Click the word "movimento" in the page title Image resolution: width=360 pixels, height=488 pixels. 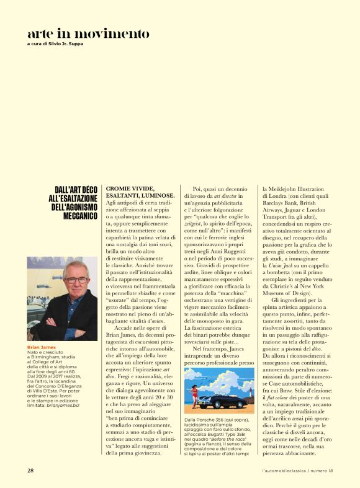119,33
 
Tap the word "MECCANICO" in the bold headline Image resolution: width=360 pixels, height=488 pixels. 74,216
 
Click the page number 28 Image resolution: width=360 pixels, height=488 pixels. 30,471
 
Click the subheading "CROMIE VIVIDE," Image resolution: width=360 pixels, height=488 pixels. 130,188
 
